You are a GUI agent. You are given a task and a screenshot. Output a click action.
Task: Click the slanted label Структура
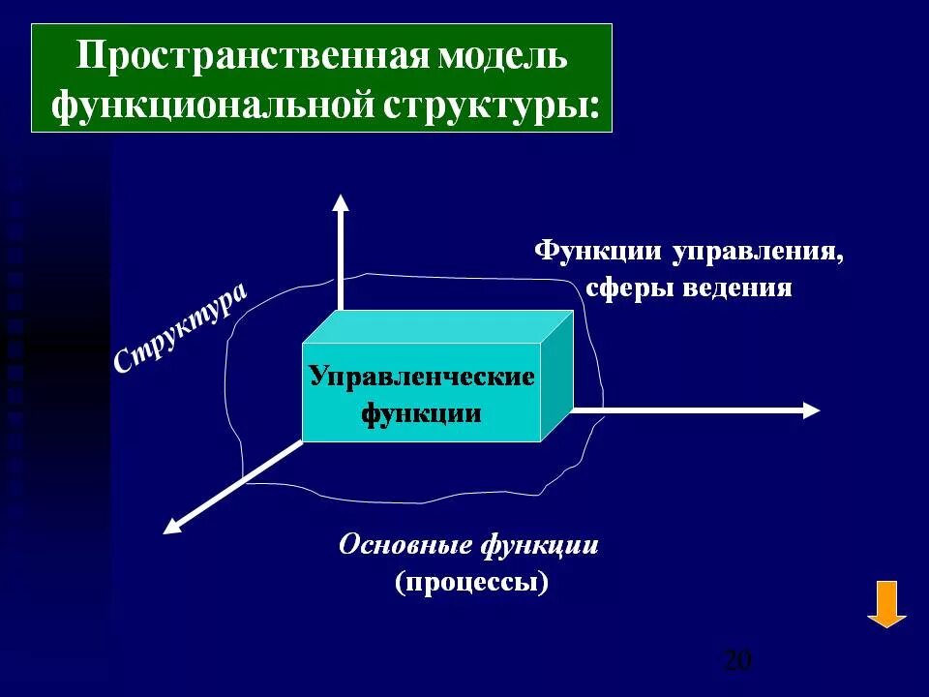click(x=180, y=328)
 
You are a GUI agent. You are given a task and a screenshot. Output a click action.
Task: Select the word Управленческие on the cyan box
click(x=422, y=377)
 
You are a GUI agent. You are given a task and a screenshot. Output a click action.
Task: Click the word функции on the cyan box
click(x=422, y=413)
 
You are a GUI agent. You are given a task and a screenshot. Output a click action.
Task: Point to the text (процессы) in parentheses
click(x=471, y=583)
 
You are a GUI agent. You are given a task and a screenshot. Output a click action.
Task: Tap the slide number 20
click(x=736, y=661)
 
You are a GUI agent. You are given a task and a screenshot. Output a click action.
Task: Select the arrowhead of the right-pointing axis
click(x=811, y=409)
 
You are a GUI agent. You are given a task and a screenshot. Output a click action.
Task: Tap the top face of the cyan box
click(x=435, y=326)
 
